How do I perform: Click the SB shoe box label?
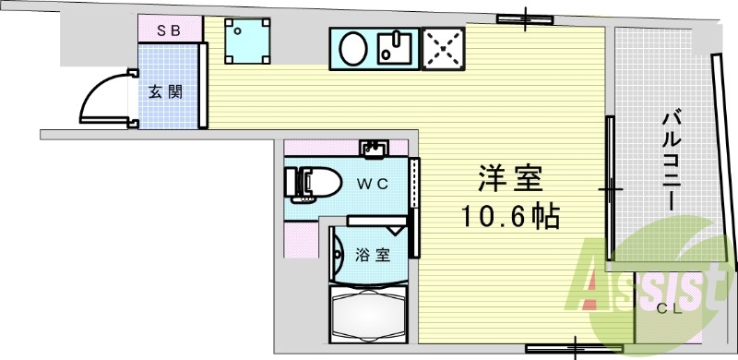coord(169,30)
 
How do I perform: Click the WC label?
coord(373,183)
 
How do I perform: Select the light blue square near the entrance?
coord(248,41)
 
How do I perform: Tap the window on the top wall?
coord(526,18)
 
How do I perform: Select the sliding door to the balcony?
coord(610,190)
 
